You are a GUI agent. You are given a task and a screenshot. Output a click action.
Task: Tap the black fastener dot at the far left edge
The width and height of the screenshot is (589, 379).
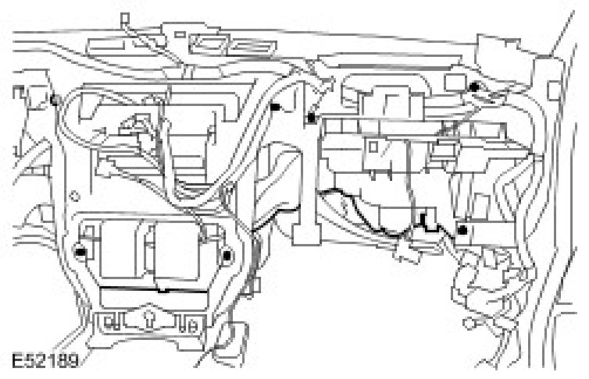tap(52, 100)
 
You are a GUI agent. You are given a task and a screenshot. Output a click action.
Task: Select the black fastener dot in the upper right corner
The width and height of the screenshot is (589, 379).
tap(474, 87)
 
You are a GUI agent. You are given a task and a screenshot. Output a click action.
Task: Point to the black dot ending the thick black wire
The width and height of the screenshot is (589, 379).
tap(464, 231)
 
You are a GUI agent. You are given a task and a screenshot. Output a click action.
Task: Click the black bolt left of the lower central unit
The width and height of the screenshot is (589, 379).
tap(80, 251)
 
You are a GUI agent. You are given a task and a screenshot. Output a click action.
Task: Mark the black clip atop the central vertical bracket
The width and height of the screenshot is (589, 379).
tap(312, 118)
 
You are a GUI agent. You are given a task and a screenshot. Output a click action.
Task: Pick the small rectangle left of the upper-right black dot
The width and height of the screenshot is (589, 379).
tap(453, 82)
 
